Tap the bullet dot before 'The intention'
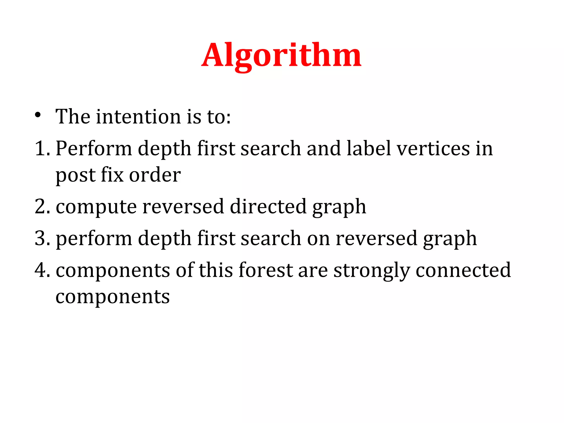point(38,115)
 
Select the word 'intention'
point(139,116)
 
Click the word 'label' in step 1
point(368,148)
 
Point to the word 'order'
point(155,175)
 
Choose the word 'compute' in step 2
point(96,207)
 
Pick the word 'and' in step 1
point(324,148)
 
